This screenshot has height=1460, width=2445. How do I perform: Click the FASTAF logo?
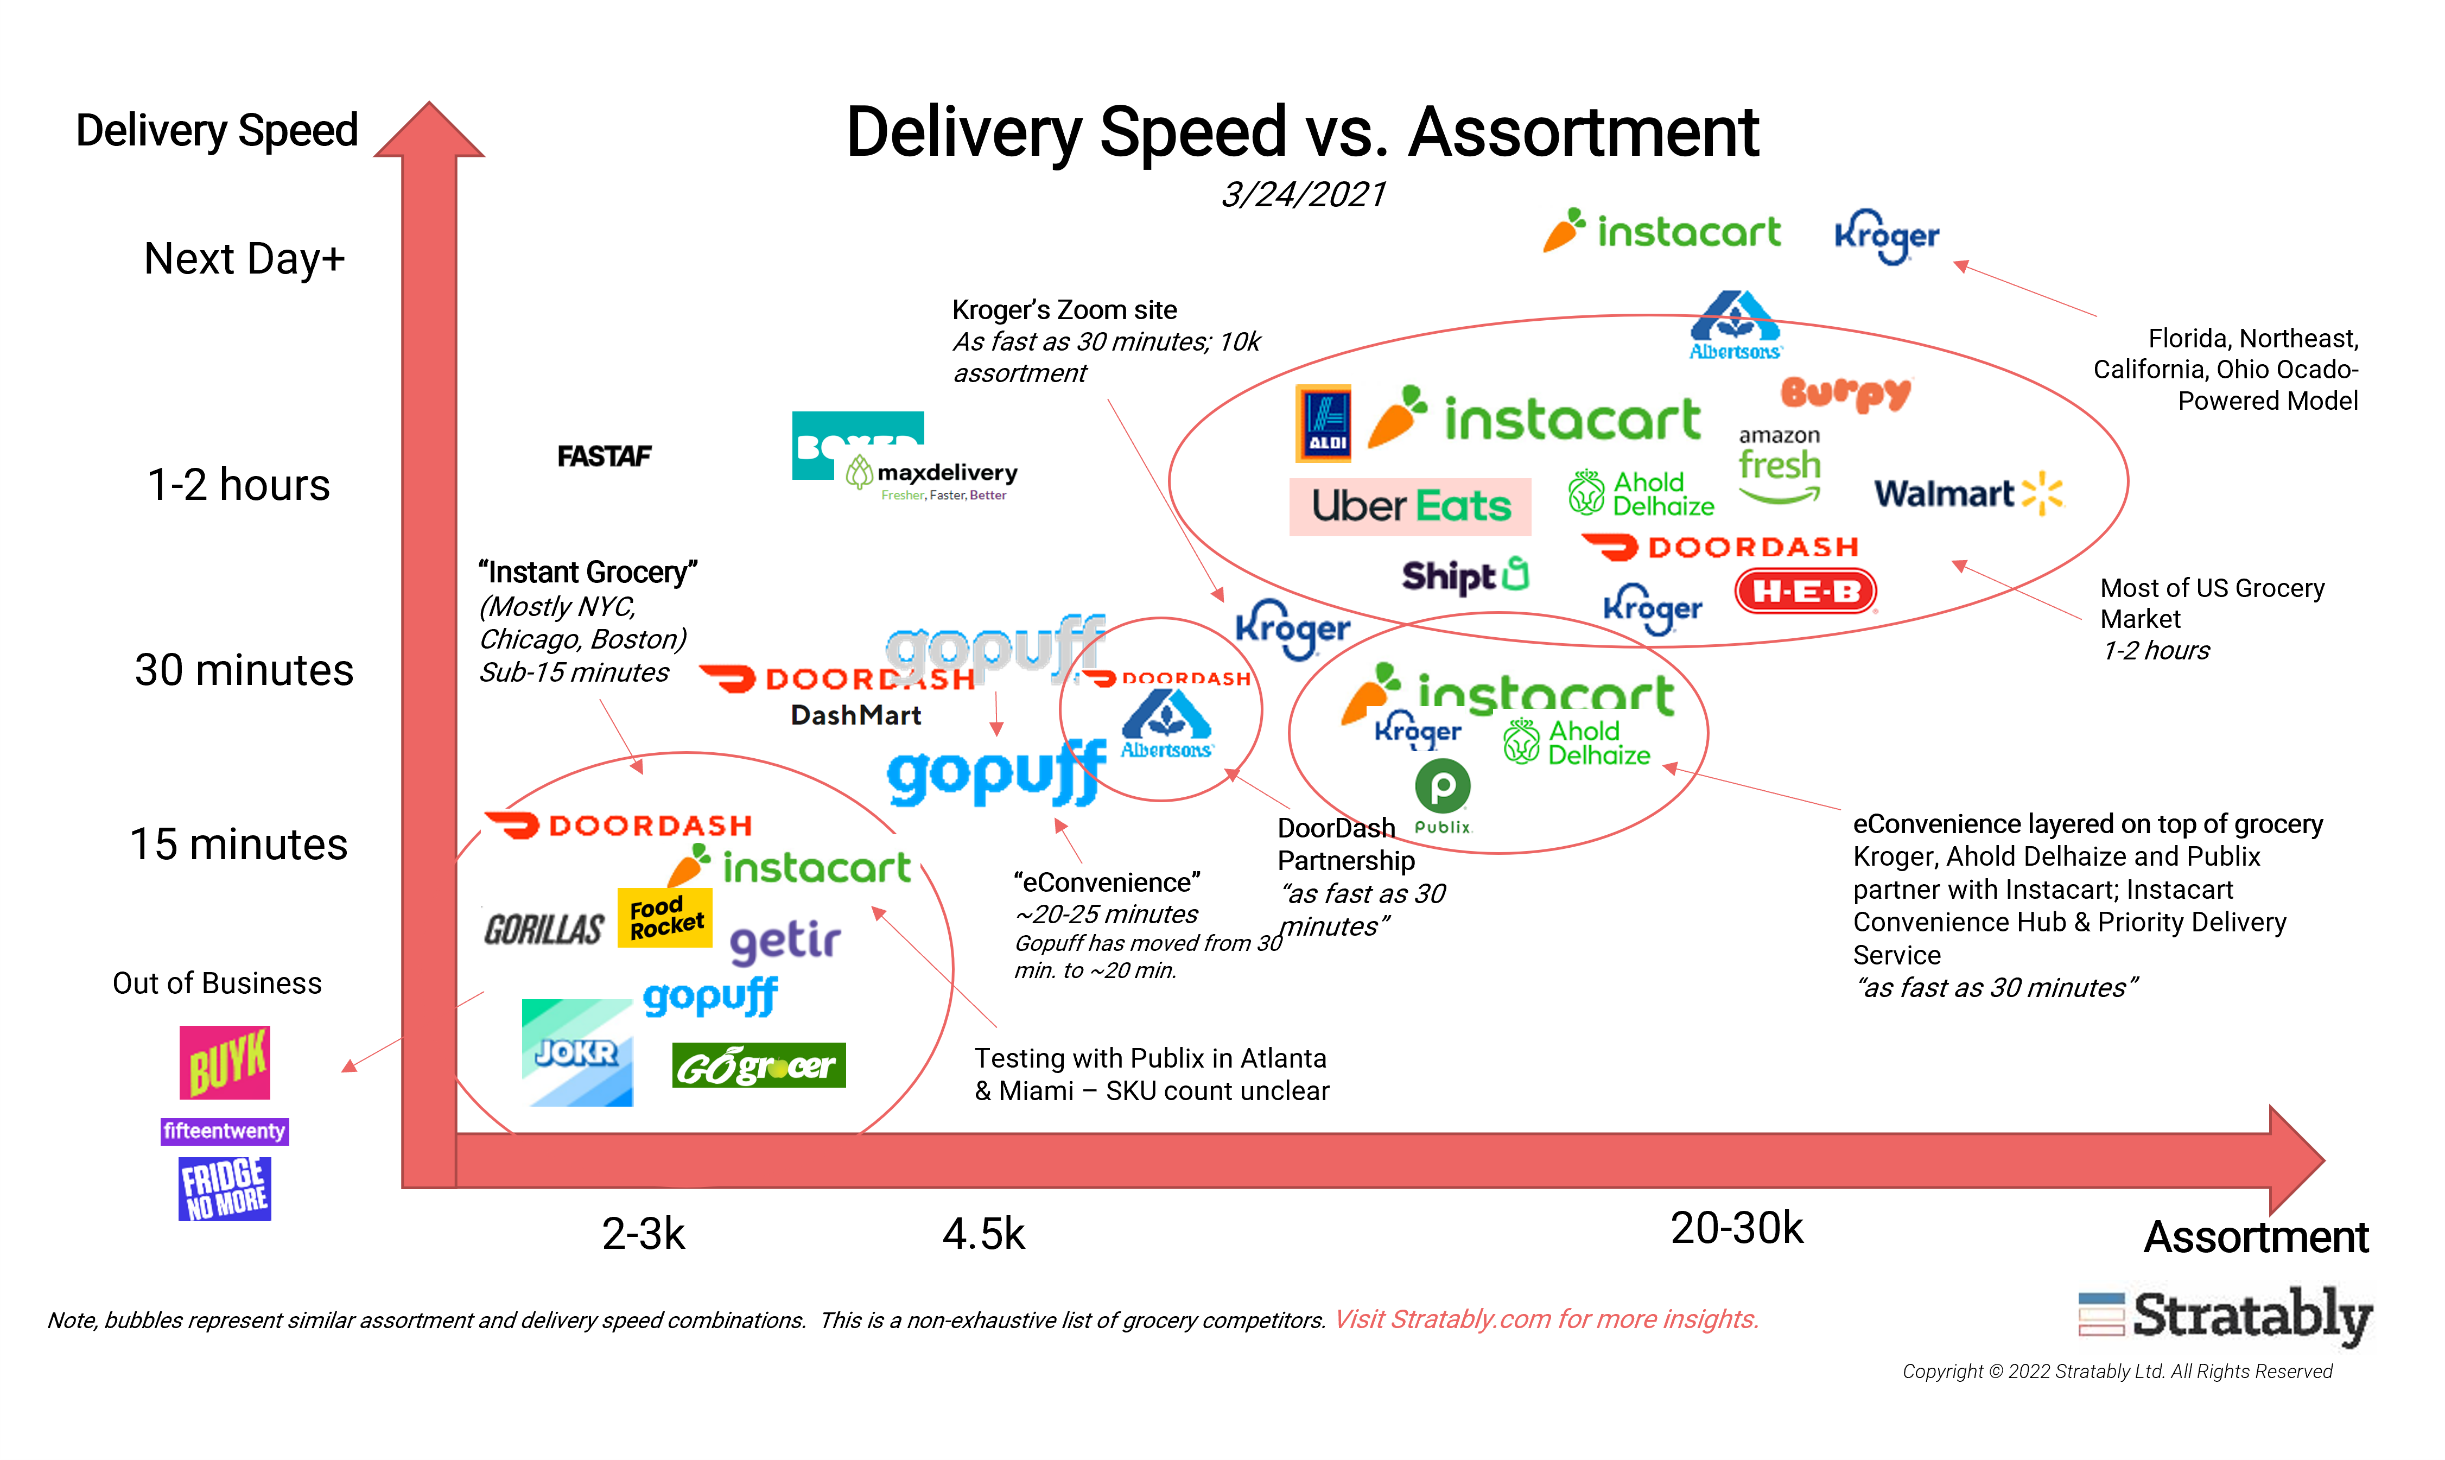click(x=604, y=456)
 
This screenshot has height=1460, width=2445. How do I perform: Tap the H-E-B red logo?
click(x=1806, y=591)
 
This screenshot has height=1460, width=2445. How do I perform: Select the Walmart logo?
click(x=1967, y=493)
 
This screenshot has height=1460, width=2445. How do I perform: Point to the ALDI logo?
click(x=1324, y=423)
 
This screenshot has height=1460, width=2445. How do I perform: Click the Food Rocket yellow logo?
click(x=665, y=917)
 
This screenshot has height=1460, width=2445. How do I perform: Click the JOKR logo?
click(x=577, y=1053)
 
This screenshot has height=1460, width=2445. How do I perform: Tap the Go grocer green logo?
click(x=758, y=1065)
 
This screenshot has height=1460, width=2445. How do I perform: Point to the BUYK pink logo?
click(x=224, y=1063)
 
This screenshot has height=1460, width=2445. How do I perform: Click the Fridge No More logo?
click(x=224, y=1189)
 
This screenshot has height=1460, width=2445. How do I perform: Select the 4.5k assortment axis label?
click(x=983, y=1234)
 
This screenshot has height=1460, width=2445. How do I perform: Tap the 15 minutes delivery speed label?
click(x=239, y=844)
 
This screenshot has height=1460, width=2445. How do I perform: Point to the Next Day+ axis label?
click(x=244, y=259)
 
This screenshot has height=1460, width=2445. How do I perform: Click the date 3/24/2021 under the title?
click(x=1303, y=195)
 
